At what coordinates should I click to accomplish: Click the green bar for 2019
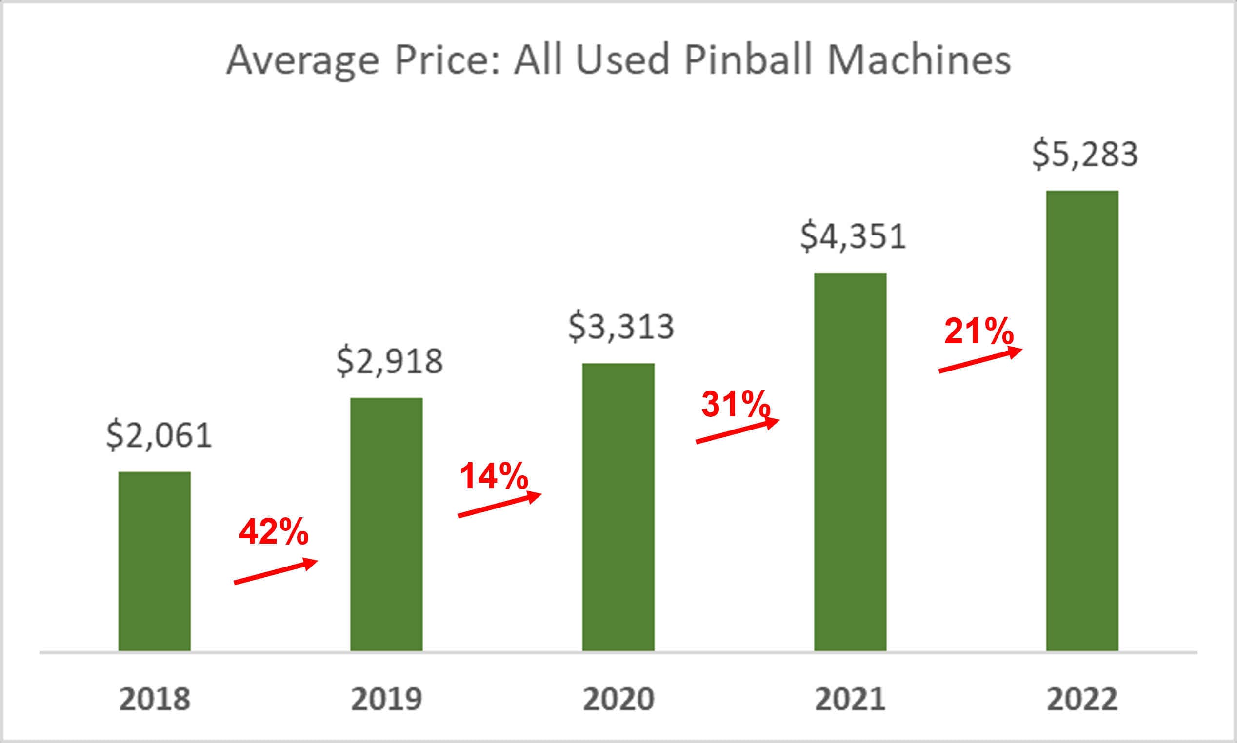coord(386,524)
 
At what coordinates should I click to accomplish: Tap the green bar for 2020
coord(618,507)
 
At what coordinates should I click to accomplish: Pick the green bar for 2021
coord(850,462)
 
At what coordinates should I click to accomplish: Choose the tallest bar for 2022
coord(1082,421)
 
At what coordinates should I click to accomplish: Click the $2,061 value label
coord(159,435)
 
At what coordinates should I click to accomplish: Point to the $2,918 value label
coord(390,361)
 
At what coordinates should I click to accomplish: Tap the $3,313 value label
coord(621,327)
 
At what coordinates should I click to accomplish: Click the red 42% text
coord(274,532)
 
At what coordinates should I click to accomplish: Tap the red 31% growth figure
coord(735,404)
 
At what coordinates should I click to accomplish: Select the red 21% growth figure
coord(978,332)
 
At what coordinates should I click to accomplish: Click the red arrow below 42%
coord(276,571)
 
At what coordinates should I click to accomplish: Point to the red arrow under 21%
coord(980,360)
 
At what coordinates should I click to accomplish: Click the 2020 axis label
coord(618,699)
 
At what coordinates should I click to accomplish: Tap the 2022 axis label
coord(1082,699)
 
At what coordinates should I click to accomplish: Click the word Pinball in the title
coord(747,60)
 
